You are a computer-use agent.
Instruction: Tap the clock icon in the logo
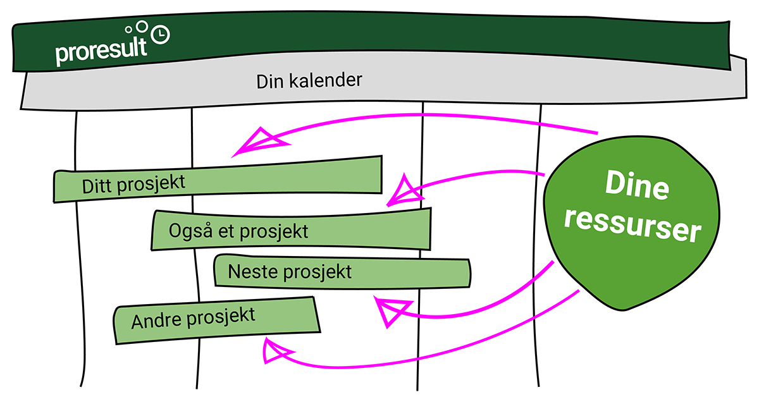(x=162, y=34)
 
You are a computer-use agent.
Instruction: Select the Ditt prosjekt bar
(x=218, y=180)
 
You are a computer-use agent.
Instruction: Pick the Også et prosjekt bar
(x=291, y=229)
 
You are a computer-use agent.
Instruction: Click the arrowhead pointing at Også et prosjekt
(x=402, y=192)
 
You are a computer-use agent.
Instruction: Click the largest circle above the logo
(x=142, y=26)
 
